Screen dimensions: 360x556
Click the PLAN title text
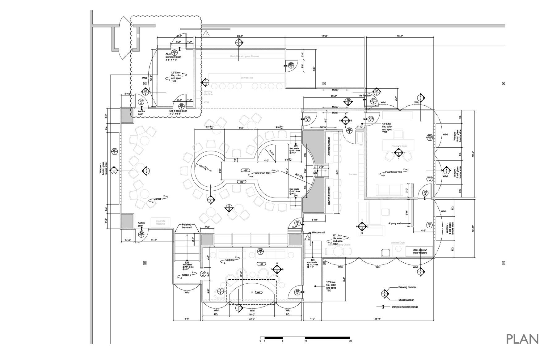click(x=522, y=339)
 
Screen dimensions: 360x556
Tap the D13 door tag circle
click(x=291, y=66)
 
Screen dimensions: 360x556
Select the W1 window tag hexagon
click(x=115, y=151)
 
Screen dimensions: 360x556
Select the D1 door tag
click(x=175, y=53)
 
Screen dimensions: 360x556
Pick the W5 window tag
click(x=430, y=137)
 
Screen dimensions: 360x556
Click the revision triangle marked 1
click(x=206, y=33)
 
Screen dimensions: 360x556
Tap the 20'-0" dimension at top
click(x=241, y=36)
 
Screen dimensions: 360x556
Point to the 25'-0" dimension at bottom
click(x=377, y=319)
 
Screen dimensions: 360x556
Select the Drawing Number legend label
click(x=407, y=287)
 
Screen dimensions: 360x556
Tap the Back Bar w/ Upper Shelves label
click(x=244, y=56)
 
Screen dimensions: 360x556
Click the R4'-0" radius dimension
click(x=272, y=152)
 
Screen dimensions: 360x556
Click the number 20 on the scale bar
click(x=350, y=341)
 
